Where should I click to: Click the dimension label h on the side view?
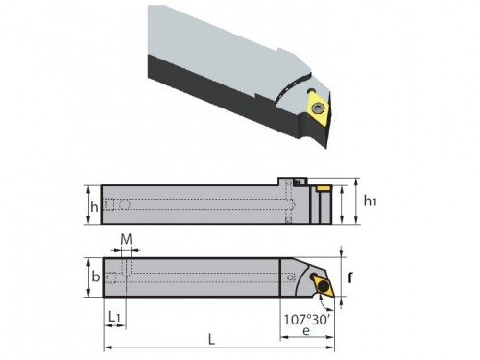[x=94, y=207]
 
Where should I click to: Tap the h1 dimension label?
[x=371, y=202]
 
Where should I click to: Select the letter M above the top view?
[x=127, y=239]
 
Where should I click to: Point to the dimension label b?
[x=95, y=276]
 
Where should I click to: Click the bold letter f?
[x=350, y=277]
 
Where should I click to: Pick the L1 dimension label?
[x=114, y=317]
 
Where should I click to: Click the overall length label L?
[x=211, y=340]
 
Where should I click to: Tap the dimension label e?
[x=306, y=331]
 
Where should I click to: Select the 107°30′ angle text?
[x=306, y=320]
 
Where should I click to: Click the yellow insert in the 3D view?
[x=318, y=108]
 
